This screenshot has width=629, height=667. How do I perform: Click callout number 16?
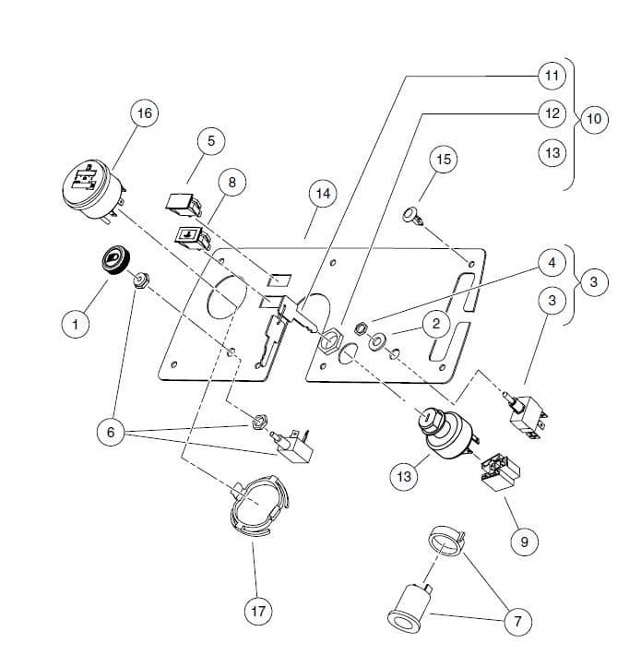pyautogui.click(x=144, y=113)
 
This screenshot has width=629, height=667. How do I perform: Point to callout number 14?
pyautogui.click(x=322, y=195)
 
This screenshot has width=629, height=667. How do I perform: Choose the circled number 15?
pyautogui.click(x=444, y=160)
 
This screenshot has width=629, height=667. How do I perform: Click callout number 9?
pyautogui.click(x=525, y=541)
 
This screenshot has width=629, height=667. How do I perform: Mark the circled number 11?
pyautogui.click(x=552, y=74)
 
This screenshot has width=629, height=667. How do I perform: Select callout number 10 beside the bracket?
pyautogui.click(x=592, y=119)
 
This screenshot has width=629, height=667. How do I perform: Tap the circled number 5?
pyautogui.click(x=210, y=141)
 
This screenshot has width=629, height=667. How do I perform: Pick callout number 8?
pyautogui.click(x=232, y=183)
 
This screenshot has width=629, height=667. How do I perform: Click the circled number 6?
pyautogui.click(x=112, y=434)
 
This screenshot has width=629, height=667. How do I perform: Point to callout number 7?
pyautogui.click(x=517, y=622)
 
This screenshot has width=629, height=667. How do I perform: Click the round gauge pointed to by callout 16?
pyautogui.click(x=91, y=188)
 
